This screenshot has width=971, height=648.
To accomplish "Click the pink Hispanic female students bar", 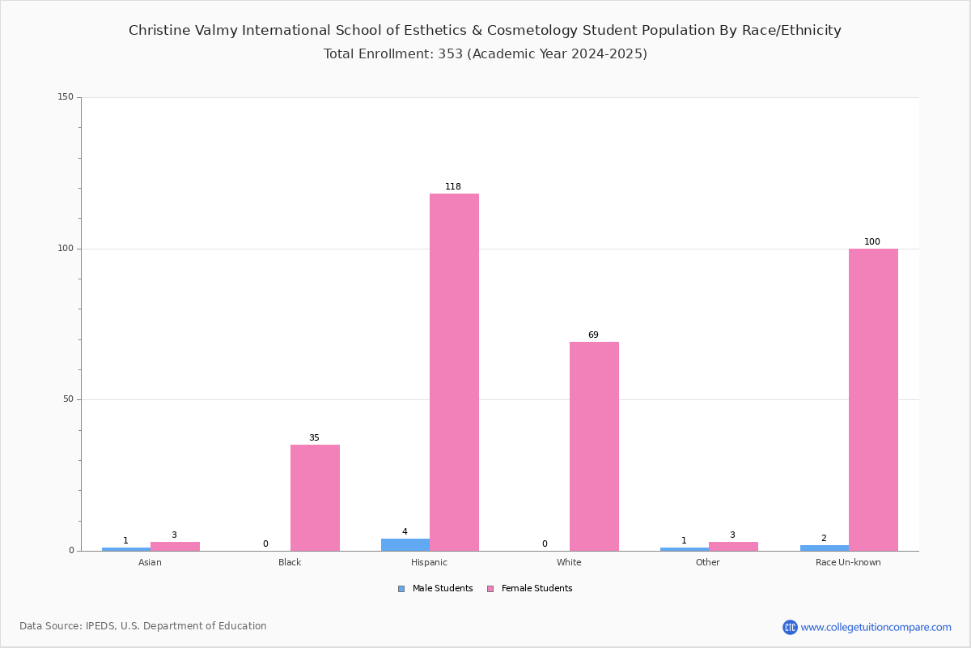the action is tap(454, 372).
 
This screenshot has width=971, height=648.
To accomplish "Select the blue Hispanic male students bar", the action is tap(405, 544).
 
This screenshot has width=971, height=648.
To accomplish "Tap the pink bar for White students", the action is tap(594, 446).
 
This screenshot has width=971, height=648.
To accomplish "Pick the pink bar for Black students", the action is tap(315, 498).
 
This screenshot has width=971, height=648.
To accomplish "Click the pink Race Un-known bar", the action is tap(873, 400).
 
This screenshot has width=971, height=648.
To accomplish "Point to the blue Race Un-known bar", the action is tap(825, 548).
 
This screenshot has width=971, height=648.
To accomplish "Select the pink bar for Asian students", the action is tap(175, 547).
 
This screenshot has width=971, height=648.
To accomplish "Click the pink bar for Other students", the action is tap(733, 547).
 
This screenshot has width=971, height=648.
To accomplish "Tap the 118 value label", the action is tap(453, 186).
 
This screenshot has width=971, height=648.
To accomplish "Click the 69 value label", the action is tap(593, 335).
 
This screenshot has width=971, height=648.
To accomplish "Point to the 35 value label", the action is tap(314, 437).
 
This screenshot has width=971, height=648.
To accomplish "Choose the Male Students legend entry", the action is tap(435, 589).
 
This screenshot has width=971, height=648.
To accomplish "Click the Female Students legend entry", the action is tap(530, 589).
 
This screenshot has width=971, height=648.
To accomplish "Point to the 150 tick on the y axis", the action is tap(66, 96).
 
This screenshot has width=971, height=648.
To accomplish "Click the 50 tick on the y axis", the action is tap(69, 399).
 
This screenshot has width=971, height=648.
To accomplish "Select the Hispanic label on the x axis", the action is tap(429, 562).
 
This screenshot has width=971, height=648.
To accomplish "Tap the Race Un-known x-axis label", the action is tap(848, 562).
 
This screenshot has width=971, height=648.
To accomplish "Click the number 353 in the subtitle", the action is tap(451, 53).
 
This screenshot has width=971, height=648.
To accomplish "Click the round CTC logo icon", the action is tap(790, 627).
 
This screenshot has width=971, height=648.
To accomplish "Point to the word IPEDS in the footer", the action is tap(100, 626).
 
